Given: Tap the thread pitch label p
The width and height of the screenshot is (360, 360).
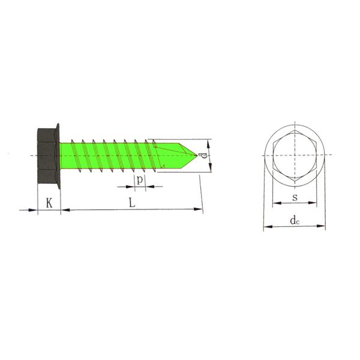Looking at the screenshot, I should [139, 179].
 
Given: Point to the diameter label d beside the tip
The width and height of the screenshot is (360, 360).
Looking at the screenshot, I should [204, 156].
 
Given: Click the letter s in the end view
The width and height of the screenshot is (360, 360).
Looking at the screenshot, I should [295, 197].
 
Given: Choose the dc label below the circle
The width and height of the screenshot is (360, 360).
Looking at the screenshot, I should [294, 220].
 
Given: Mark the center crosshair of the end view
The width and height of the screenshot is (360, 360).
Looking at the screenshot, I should [295, 156].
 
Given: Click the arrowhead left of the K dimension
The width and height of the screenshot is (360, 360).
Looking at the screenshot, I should [33, 209].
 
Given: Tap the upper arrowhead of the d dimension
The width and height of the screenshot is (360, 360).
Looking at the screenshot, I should [208, 142].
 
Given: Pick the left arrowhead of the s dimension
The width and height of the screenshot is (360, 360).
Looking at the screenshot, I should [276, 203].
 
